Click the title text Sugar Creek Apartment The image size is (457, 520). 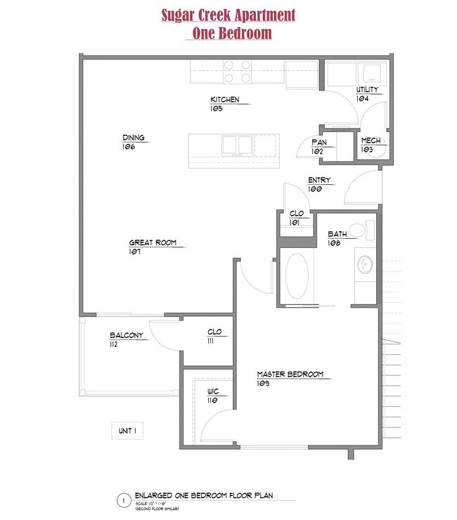[228, 15]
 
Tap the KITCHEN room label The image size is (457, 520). [225, 100]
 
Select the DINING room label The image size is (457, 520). [133, 138]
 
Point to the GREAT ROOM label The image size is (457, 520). [152, 243]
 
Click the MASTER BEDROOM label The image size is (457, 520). [290, 375]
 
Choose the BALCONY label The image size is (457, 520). [127, 336]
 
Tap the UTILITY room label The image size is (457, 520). [367, 90]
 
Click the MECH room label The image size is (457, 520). [370, 141]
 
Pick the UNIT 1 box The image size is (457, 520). [127, 430]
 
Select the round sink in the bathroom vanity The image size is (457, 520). [365, 265]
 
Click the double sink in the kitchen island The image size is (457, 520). [237, 145]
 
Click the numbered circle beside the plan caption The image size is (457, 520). [123, 501]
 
